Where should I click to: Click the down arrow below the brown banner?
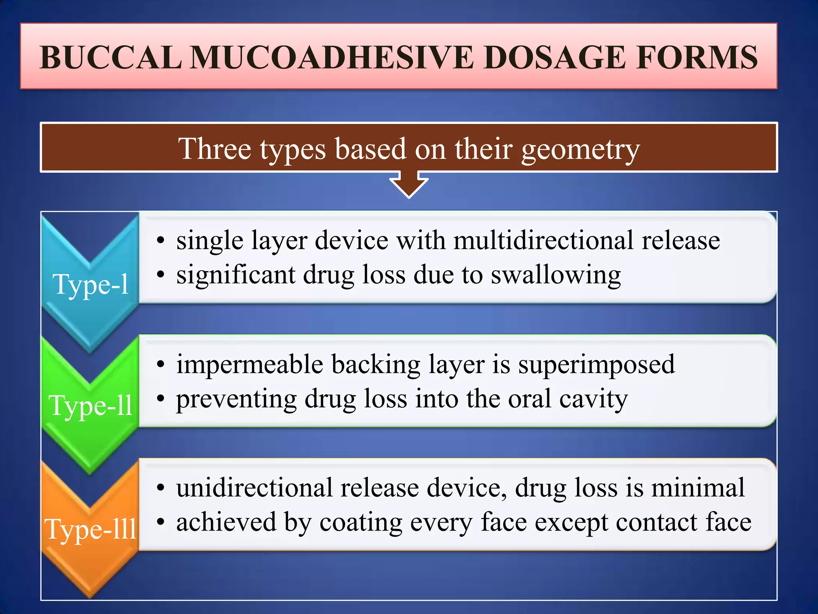pos(409,184)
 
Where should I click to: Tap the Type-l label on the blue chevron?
pos(91,284)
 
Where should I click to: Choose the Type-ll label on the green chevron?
pos(91,406)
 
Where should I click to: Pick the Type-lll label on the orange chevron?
pos(91,529)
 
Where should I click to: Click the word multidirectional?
pos(543,241)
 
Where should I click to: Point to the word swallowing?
pos(556,276)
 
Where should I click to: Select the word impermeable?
pos(250,365)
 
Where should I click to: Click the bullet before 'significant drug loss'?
pos(161,275)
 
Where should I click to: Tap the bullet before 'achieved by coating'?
pos(161,522)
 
